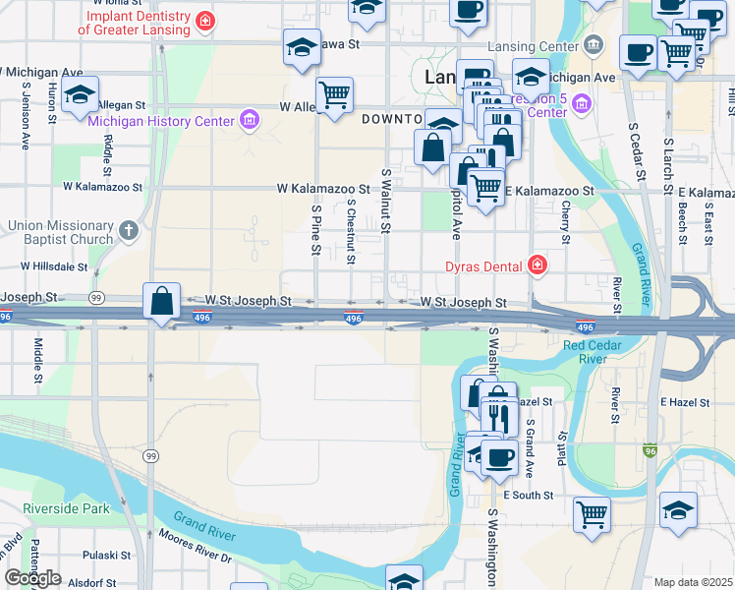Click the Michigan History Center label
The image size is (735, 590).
point(161,121)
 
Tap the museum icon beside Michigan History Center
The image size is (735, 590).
point(250,121)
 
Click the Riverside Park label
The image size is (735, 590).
point(67,509)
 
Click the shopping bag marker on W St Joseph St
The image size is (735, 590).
point(162,300)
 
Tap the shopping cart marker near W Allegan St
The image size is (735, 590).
point(335,95)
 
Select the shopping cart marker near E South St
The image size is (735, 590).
point(592,514)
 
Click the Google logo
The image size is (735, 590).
point(32,578)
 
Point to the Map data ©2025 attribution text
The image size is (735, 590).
point(694,582)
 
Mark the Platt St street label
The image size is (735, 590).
point(563,448)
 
